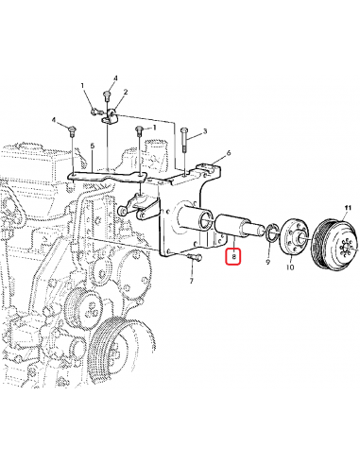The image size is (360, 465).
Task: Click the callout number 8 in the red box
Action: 232,256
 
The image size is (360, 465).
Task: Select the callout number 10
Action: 289,268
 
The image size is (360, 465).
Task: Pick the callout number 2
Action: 125,93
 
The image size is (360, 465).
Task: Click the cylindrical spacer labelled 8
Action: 233,228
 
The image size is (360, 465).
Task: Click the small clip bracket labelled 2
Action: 111,115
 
